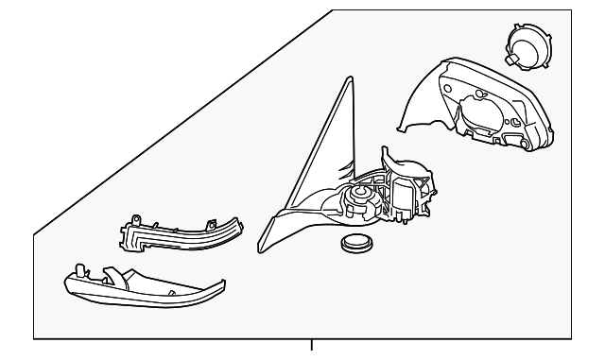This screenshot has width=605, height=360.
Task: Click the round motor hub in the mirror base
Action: pos(359,197)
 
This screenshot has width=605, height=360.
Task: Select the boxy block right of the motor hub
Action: pos(404,199)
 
